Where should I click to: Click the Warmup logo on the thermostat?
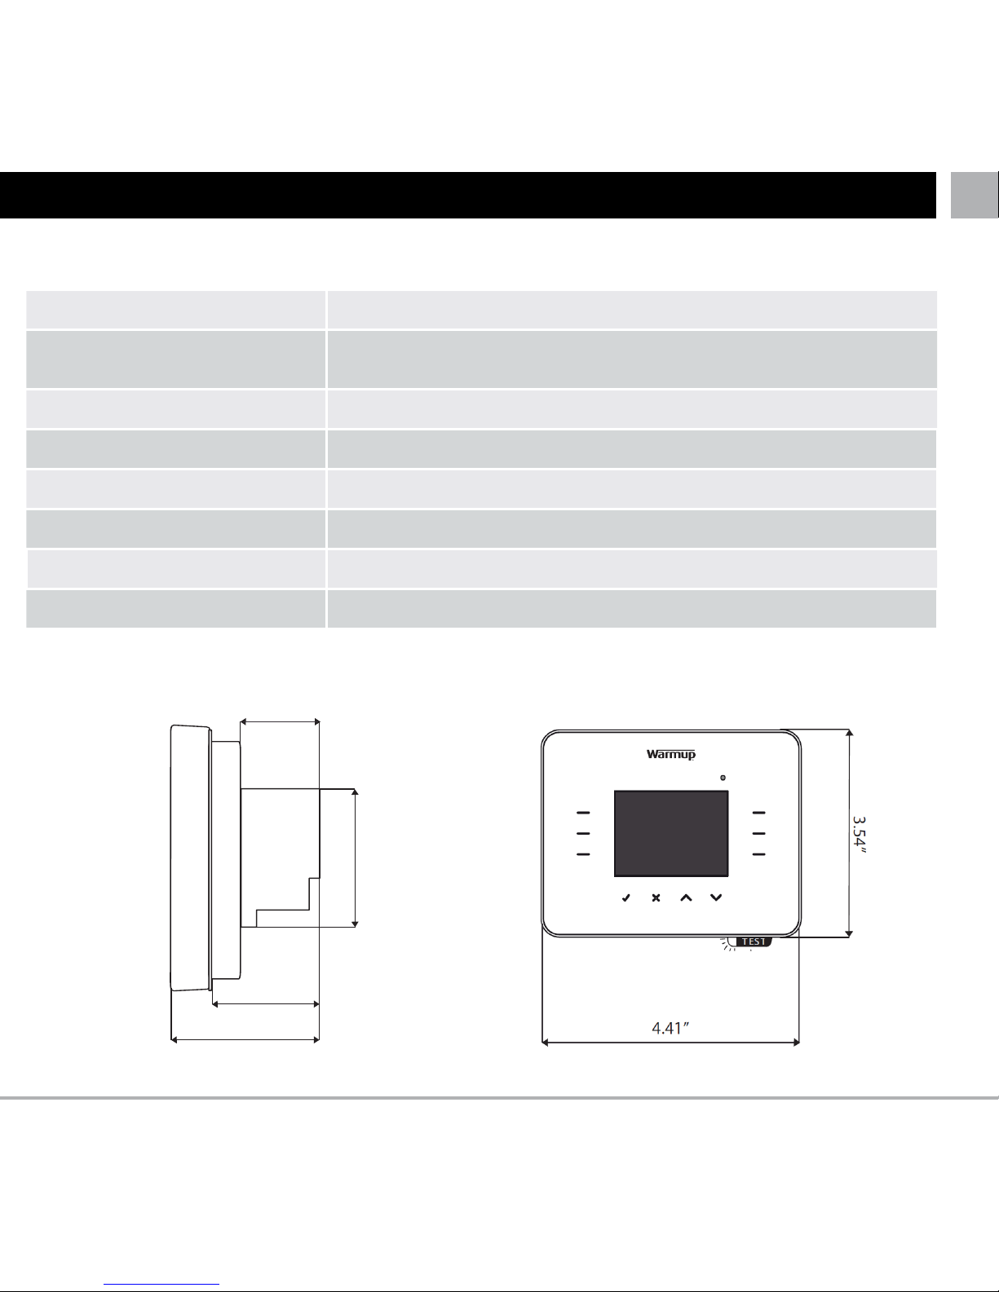tap(670, 755)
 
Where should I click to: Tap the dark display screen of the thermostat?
tap(670, 834)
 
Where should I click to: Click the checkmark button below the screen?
tap(625, 897)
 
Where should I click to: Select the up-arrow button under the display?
tap(686, 897)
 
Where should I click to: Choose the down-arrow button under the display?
tap(716, 897)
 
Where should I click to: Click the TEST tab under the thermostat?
tap(754, 941)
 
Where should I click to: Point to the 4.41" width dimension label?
tap(670, 1028)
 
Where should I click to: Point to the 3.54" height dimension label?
tap(860, 835)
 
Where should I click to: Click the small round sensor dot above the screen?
tap(723, 778)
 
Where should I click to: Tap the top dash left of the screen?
tap(583, 812)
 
